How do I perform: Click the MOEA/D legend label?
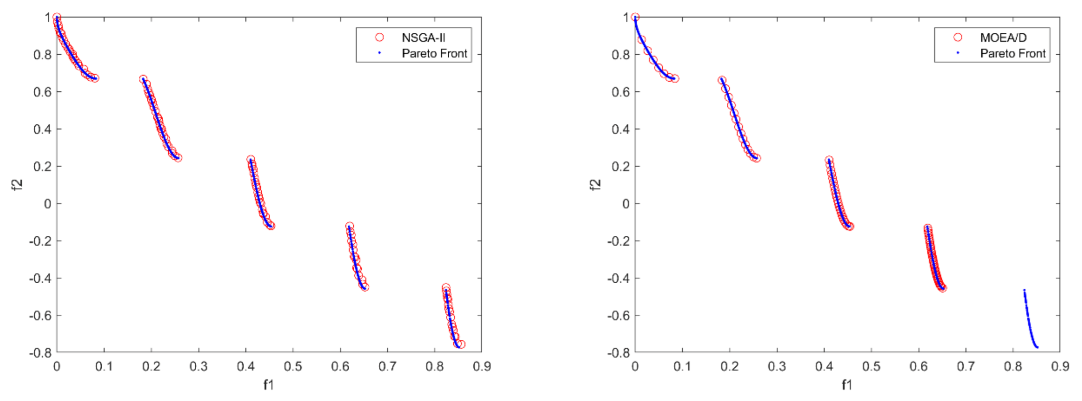1003,38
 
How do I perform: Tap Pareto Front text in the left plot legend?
434,53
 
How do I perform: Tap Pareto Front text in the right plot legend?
1013,53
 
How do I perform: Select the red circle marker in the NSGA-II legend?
379,37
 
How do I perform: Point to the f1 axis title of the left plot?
268,385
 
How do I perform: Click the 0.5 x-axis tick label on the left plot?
293,366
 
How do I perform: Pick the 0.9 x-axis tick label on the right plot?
1060,366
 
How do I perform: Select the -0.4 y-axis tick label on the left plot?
40,278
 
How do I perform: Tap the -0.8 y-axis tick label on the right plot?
618,353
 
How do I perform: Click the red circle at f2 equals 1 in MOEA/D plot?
635,17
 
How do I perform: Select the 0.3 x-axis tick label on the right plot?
777,366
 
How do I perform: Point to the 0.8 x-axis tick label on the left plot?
434,366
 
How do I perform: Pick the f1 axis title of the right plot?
847,385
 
